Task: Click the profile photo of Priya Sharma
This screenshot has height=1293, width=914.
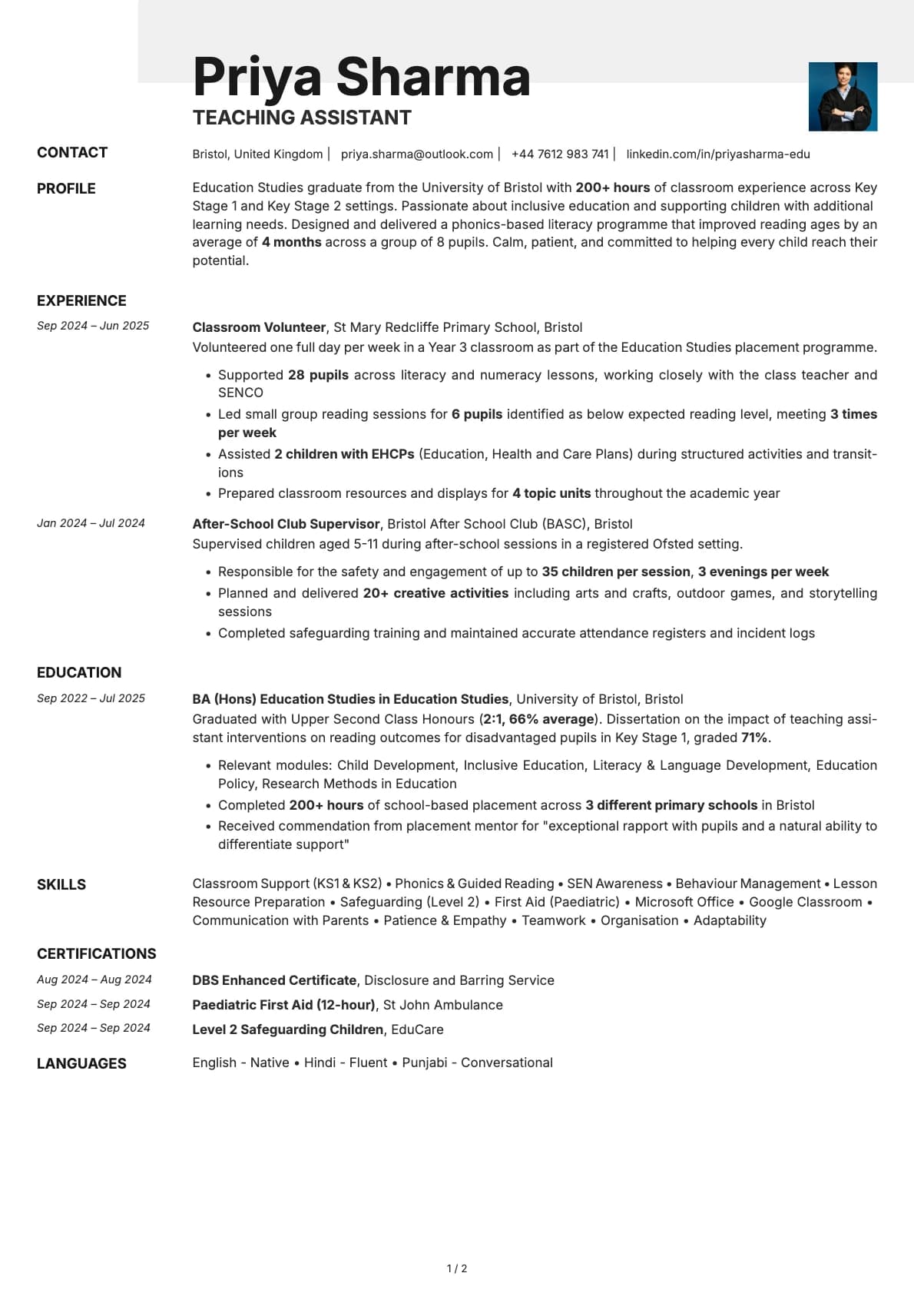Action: [x=843, y=96]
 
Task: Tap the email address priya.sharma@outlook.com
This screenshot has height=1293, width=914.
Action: [x=416, y=154]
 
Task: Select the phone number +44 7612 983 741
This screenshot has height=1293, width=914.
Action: [x=559, y=154]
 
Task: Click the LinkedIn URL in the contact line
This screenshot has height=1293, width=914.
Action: [x=717, y=154]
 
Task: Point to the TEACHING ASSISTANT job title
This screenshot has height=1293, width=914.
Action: [x=302, y=118]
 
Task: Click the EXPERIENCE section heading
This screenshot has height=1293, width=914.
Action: [x=81, y=300]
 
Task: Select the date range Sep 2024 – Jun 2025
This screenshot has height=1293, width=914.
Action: [x=93, y=326]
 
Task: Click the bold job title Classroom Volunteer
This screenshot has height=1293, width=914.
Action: [x=259, y=327]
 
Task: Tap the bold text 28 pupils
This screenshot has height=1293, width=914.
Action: [x=318, y=375]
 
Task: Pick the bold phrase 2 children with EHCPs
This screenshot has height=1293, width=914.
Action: [x=344, y=454]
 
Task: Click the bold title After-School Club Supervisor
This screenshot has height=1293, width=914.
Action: [x=286, y=524]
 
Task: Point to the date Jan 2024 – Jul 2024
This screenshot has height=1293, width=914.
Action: [x=91, y=523]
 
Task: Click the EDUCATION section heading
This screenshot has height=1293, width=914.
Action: [x=79, y=672]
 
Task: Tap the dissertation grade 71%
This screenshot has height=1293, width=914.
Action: [x=754, y=738]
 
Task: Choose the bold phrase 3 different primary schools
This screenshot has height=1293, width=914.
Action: [x=671, y=805]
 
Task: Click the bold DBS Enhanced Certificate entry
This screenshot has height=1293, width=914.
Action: [x=274, y=980]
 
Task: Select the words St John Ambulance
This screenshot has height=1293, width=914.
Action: [x=442, y=1005]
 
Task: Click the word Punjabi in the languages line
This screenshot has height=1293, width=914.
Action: [x=424, y=1063]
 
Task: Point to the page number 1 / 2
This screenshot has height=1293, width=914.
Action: [x=457, y=1268]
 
